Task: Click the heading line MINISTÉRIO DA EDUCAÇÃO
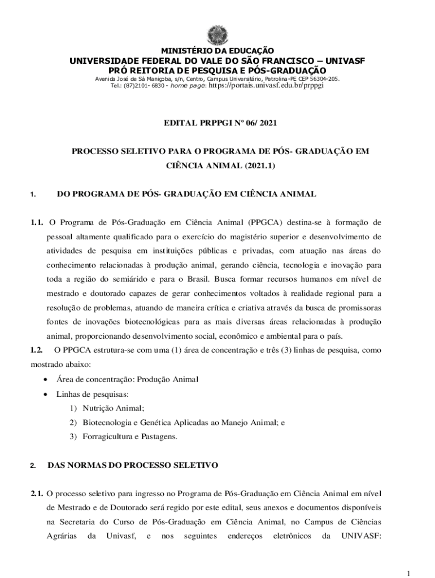[x=217, y=51]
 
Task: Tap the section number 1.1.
[x=37, y=221]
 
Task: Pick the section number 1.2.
[x=37, y=350]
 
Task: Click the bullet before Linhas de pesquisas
[x=45, y=394]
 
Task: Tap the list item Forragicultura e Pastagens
[x=130, y=436]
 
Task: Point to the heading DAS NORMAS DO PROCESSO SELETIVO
[x=133, y=466]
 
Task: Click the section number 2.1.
[x=37, y=493]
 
